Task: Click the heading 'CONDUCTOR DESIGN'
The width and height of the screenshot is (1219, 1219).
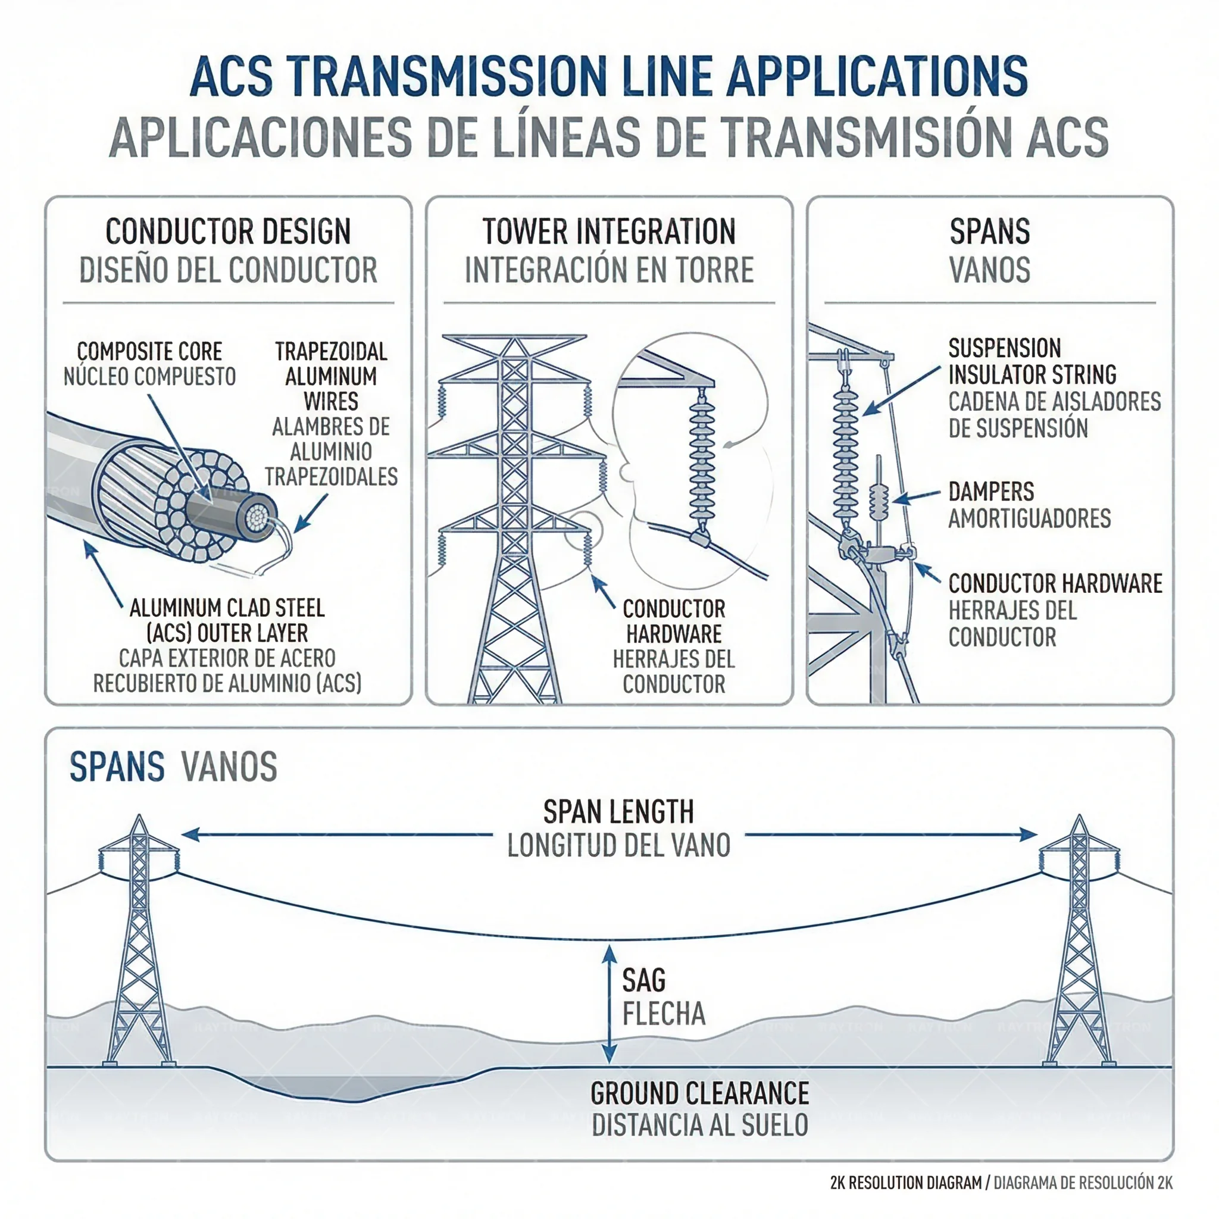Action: (x=228, y=232)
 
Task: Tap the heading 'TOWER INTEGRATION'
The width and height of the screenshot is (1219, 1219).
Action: (x=609, y=232)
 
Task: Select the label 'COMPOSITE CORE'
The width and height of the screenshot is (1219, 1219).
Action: (x=149, y=351)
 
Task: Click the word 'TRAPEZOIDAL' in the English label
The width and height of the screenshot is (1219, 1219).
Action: (x=330, y=351)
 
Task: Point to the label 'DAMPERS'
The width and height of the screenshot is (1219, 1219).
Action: (x=990, y=492)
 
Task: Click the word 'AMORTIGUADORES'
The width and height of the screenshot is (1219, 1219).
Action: (x=1029, y=518)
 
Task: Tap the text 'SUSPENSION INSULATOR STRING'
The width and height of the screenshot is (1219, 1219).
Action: (x=1032, y=361)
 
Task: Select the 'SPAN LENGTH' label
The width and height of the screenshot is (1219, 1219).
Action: (x=618, y=812)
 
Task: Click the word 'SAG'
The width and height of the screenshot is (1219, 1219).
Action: (x=643, y=980)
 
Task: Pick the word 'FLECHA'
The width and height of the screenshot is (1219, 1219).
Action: (x=664, y=1014)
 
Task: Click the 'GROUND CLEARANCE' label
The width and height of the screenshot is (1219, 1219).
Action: (x=700, y=1093)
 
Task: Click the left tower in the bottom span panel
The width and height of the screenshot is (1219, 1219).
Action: (x=139, y=946)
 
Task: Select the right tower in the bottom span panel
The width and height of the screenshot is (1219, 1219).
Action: (x=1079, y=946)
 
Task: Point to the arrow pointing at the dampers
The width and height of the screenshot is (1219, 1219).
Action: (x=916, y=498)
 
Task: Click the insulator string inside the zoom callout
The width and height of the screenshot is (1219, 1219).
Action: (x=701, y=461)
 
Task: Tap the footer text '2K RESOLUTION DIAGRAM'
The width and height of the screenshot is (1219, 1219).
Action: (x=906, y=1183)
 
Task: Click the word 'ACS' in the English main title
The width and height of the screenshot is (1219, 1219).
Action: (x=231, y=77)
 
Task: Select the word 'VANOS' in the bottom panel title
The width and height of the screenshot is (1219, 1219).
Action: (x=229, y=767)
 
